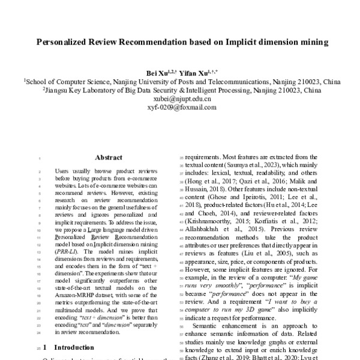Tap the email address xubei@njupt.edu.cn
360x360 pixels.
pyautogui.click(x=180, y=99)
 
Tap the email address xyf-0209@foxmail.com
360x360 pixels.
pyautogui.click(x=180, y=107)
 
